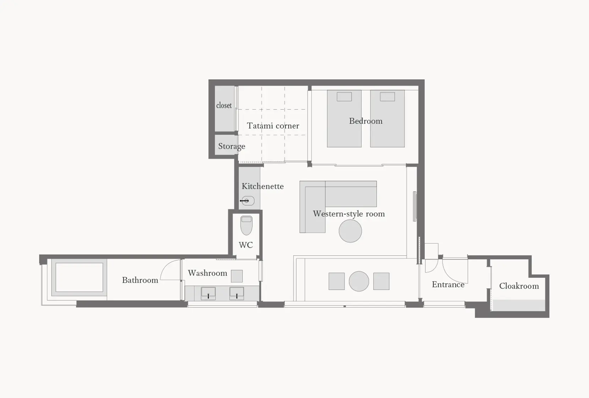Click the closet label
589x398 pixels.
click(x=224, y=105)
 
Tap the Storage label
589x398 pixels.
click(x=231, y=146)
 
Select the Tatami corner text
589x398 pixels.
click(x=273, y=125)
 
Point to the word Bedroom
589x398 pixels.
click(x=365, y=121)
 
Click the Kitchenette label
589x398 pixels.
click(x=263, y=186)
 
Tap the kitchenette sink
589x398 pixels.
click(x=248, y=201)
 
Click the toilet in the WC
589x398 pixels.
click(x=246, y=225)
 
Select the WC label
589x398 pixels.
click(x=246, y=245)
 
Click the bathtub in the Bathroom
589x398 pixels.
click(x=79, y=278)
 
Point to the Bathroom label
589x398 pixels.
click(x=140, y=280)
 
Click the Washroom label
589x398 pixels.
click(x=207, y=273)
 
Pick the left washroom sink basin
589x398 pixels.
click(x=208, y=293)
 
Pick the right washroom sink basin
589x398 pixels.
click(x=237, y=293)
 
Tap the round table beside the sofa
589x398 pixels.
click(x=350, y=231)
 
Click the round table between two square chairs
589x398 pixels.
click(x=359, y=281)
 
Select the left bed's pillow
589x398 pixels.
click(x=344, y=97)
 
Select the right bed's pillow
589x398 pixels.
click(x=387, y=97)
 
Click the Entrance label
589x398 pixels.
click(x=448, y=284)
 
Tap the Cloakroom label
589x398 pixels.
click(x=519, y=286)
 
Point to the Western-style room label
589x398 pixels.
click(x=348, y=214)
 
